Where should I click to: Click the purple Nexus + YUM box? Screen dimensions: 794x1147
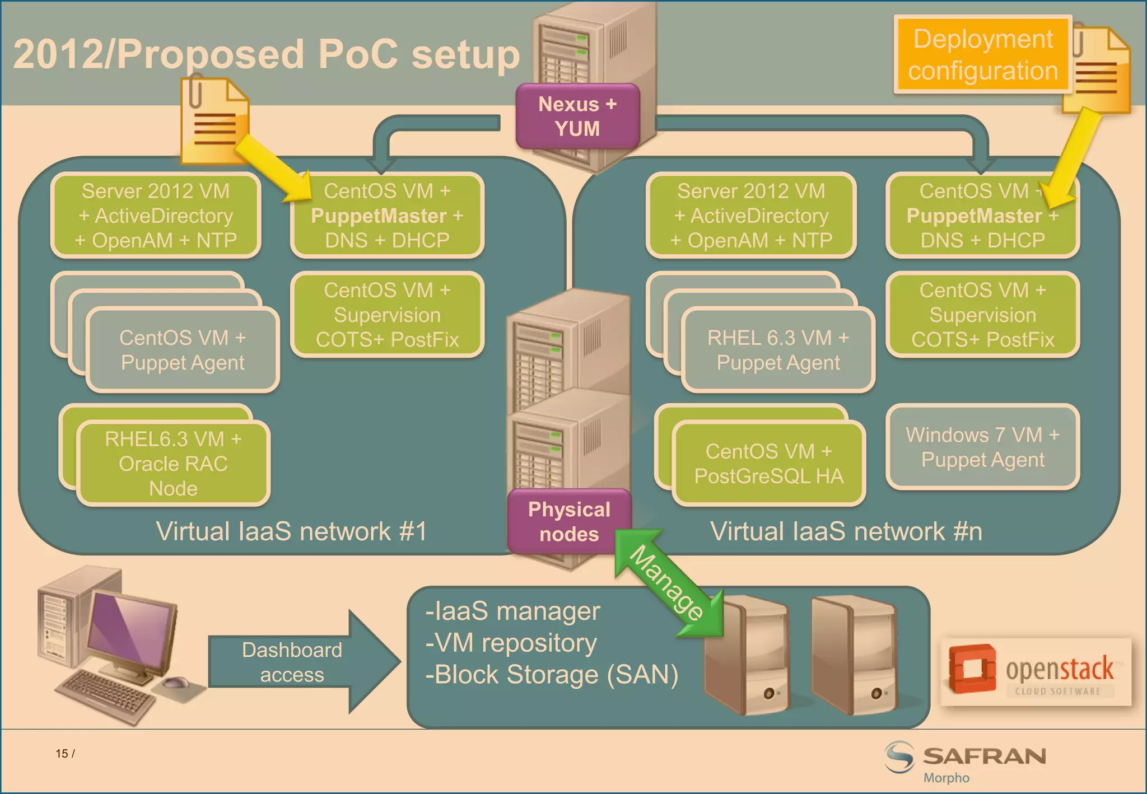tap(577, 116)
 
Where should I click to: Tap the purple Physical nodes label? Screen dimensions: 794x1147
tap(569, 522)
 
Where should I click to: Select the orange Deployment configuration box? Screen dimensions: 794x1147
tap(983, 55)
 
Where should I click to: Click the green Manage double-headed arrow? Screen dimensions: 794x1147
tap(668, 583)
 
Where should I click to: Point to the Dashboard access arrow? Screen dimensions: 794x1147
tap(302, 662)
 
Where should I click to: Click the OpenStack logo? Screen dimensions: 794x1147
tap(1036, 671)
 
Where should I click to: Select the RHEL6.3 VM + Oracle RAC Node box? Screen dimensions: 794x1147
tap(174, 464)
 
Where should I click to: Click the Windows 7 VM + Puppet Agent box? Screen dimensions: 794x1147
tap(983, 447)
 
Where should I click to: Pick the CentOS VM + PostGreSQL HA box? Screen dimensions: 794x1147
tap(768, 464)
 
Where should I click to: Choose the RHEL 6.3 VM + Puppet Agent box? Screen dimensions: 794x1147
tap(778, 350)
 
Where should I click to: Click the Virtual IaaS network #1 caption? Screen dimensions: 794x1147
tap(291, 531)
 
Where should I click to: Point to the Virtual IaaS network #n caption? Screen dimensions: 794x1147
tap(846, 531)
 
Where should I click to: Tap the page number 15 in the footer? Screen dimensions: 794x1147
tap(62, 754)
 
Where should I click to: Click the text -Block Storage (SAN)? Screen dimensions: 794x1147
tap(552, 675)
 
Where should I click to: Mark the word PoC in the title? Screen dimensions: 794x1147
tap(358, 55)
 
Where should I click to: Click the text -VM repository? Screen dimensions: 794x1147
tap(511, 643)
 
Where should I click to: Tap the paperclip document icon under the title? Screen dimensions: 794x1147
tap(215, 120)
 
